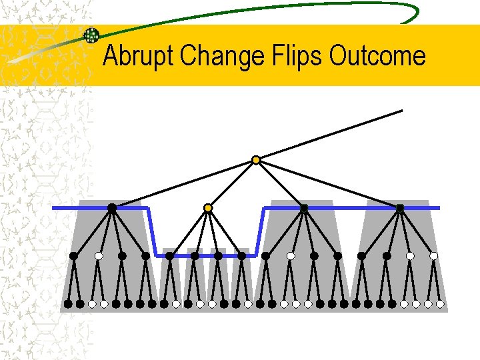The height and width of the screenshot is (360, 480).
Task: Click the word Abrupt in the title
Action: click(x=139, y=56)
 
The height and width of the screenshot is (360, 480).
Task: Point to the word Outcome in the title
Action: click(x=377, y=56)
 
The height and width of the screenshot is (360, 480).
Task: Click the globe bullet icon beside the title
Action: click(x=91, y=35)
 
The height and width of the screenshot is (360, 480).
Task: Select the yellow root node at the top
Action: click(x=255, y=160)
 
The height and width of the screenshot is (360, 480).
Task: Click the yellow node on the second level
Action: click(x=208, y=208)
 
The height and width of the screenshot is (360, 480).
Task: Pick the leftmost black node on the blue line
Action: click(x=112, y=208)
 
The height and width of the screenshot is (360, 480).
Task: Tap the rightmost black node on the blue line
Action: click(x=400, y=208)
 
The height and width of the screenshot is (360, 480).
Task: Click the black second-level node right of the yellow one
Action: click(x=304, y=208)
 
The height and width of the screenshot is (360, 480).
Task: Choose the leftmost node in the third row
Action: click(x=74, y=255)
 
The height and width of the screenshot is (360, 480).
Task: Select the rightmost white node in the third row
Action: click(x=434, y=255)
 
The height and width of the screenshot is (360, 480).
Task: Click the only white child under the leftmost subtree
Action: click(x=99, y=255)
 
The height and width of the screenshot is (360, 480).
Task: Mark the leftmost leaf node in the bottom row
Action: click(x=67, y=303)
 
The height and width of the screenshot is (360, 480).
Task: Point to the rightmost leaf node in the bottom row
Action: click(x=441, y=303)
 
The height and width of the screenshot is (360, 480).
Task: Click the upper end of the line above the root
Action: click(x=403, y=110)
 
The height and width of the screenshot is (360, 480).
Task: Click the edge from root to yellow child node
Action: click(x=232, y=184)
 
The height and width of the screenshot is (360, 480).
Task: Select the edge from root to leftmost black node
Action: click(x=183, y=184)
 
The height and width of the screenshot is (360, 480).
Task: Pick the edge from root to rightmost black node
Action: click(x=328, y=184)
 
